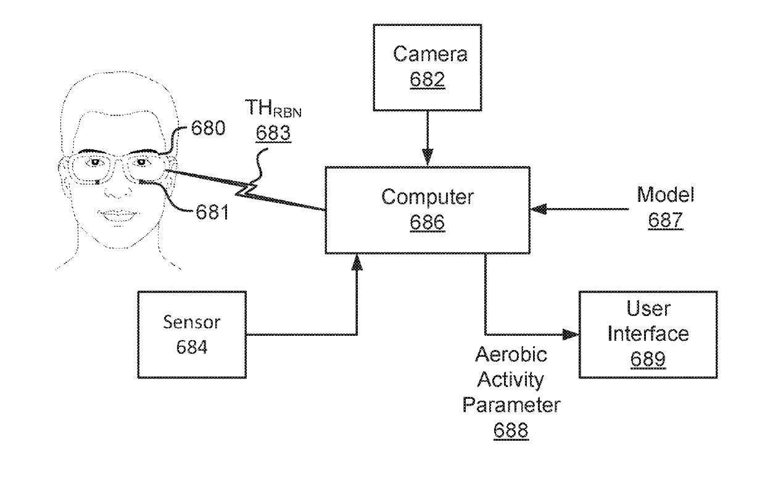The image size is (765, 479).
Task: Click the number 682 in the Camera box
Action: click(430, 81)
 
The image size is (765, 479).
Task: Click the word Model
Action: click(665, 196)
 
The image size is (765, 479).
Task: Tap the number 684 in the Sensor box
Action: click(191, 348)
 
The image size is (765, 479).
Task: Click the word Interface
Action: click(648, 334)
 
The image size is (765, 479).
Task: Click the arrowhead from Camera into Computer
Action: click(427, 159)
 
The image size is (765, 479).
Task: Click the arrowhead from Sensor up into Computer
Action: click(356, 263)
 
